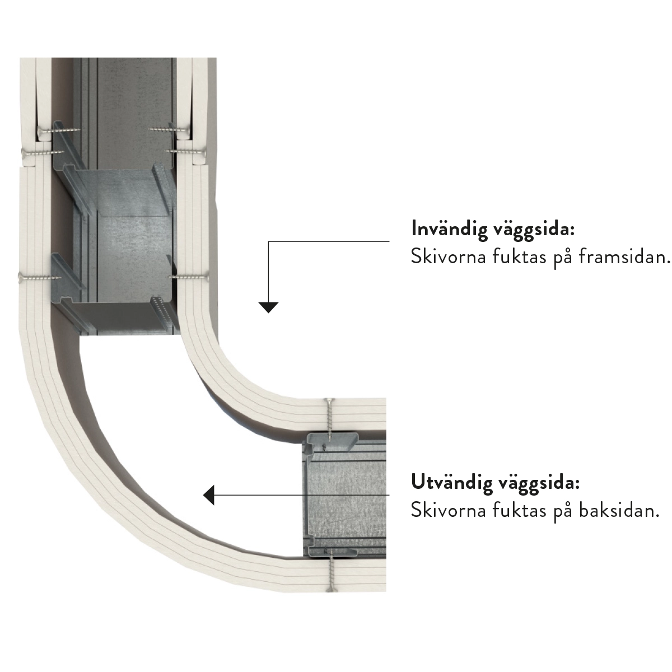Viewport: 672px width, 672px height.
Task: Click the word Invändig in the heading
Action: tap(449, 230)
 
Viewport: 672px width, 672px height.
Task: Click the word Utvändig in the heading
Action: tap(451, 483)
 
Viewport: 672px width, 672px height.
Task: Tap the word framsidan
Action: tap(624, 257)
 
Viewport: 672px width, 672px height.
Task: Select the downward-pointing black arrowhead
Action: tap(268, 307)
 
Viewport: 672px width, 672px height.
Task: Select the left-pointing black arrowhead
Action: tap(208, 494)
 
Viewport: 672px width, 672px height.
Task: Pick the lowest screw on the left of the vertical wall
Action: tap(39, 278)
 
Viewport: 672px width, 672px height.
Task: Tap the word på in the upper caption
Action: tap(563, 258)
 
